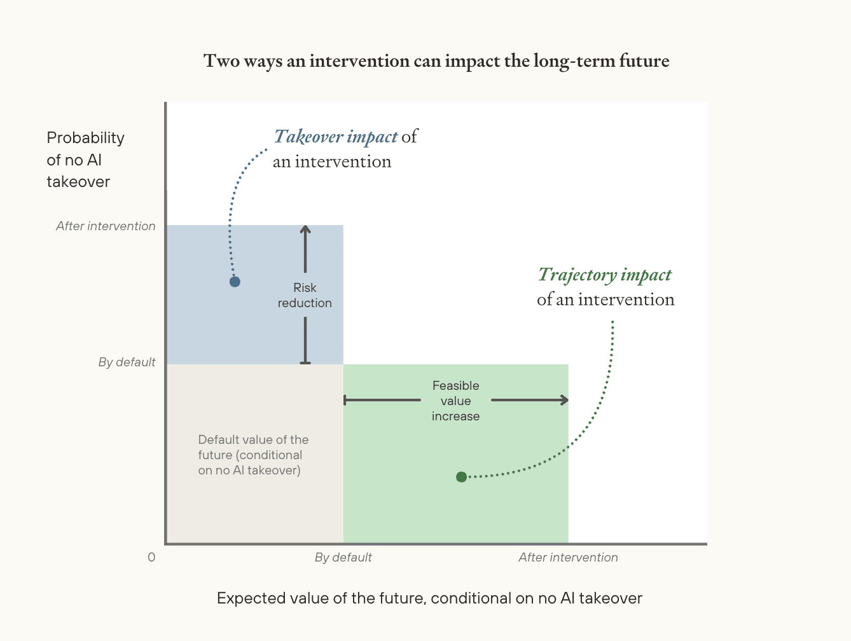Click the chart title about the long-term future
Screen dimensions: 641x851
436,61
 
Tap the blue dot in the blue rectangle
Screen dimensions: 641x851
235,282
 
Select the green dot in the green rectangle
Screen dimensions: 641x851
462,477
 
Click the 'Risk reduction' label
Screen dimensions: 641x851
305,296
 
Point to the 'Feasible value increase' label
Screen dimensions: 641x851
455,401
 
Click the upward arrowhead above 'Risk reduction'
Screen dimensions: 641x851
305,230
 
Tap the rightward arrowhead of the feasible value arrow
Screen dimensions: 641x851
564,400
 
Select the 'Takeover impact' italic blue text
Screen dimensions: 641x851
336,137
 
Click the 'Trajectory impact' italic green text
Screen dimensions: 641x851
605,275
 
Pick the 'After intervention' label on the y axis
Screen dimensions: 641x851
106,226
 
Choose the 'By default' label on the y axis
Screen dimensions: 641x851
127,362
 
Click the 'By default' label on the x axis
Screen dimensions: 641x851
343,557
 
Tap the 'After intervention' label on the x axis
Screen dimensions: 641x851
568,557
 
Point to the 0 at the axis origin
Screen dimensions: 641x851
151,557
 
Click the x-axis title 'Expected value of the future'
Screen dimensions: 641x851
429,598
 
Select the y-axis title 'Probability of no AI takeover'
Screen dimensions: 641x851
85,160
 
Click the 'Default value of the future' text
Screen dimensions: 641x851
253,455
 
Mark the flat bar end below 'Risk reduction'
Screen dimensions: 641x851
305,362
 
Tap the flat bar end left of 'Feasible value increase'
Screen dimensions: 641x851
345,400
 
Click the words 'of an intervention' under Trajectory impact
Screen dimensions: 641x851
605,300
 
